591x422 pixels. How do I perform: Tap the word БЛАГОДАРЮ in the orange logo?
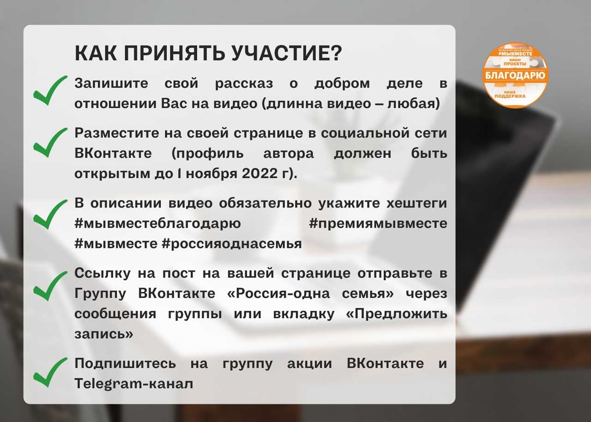(x=515, y=76)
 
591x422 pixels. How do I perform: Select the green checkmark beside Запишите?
(x=50, y=90)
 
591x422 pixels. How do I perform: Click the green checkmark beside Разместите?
(x=50, y=143)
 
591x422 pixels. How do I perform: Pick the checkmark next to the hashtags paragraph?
(x=50, y=214)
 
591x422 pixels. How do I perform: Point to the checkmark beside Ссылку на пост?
(x=50, y=286)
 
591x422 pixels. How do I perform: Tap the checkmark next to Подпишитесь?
(x=50, y=372)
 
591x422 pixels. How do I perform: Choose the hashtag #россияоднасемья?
(x=232, y=244)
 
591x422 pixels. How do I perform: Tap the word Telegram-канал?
(x=134, y=384)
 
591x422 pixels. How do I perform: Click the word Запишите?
(x=111, y=84)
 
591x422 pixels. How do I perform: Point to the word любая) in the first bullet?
(x=413, y=104)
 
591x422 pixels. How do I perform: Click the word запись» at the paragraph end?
(x=104, y=334)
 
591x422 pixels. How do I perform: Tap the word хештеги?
(x=417, y=204)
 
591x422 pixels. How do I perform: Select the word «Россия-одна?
(x=278, y=294)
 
